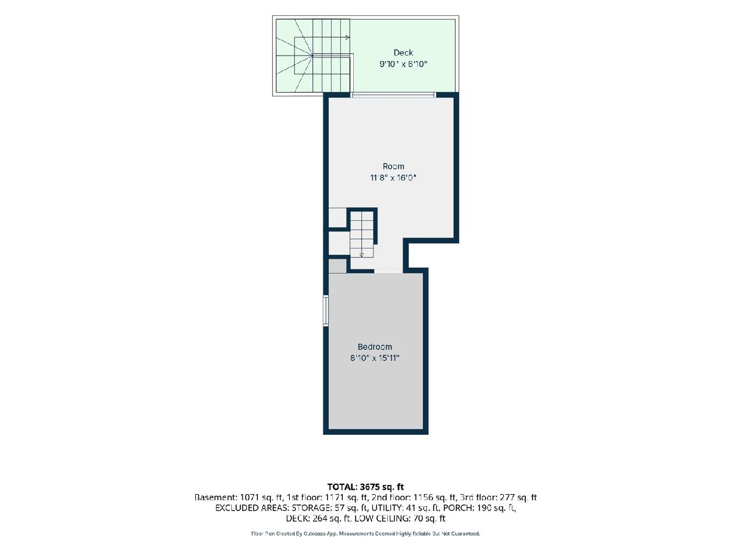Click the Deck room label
pos(403,52)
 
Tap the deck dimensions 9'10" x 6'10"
pos(404,64)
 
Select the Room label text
pos(393,166)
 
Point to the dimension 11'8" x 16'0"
pos(393,178)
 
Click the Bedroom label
pos(375,346)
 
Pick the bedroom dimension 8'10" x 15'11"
pos(375,358)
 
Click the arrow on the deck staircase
pos(347,37)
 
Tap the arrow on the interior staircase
pos(362,255)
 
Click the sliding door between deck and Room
pos(393,95)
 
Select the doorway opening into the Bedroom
pos(389,271)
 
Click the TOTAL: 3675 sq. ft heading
pos(365,487)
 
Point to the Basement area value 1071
pos(249,498)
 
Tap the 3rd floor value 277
pos(507,498)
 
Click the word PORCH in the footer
pos(468,508)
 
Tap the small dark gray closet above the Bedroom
pos(337,266)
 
